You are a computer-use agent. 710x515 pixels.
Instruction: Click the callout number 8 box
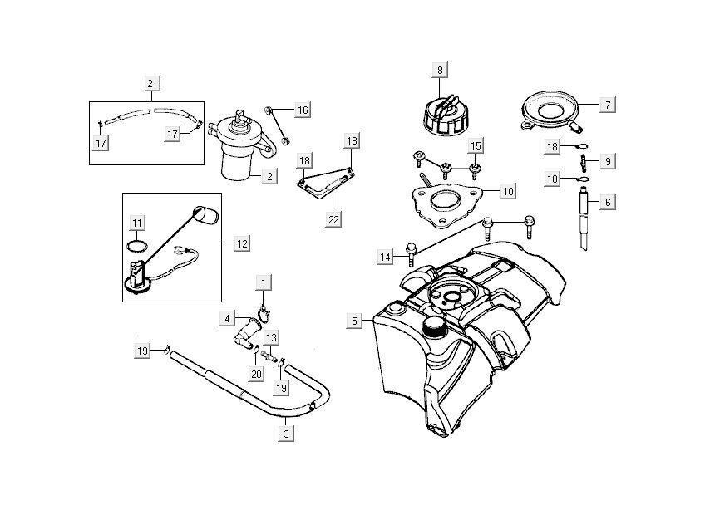coord(440,70)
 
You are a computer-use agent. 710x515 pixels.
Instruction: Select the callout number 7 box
coord(608,105)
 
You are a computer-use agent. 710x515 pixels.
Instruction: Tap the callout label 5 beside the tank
coord(354,320)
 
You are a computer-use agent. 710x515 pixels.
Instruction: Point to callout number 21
coord(151,83)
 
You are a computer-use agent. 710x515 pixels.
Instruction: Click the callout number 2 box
coord(268,176)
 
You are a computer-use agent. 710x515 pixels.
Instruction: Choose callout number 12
coord(242,243)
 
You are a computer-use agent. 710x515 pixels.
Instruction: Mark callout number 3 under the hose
coord(285,433)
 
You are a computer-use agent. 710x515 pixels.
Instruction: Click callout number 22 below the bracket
coord(333,218)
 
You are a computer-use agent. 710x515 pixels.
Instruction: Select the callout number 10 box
coord(508,191)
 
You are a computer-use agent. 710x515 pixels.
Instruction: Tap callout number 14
coord(385,257)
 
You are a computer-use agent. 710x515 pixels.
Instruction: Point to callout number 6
coord(608,202)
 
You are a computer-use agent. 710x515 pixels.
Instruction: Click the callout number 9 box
coord(608,160)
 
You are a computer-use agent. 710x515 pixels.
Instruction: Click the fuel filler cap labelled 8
coord(440,115)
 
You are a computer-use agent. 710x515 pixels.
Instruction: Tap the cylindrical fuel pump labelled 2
coord(241,154)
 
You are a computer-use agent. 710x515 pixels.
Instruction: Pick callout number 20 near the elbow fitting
coord(256,375)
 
